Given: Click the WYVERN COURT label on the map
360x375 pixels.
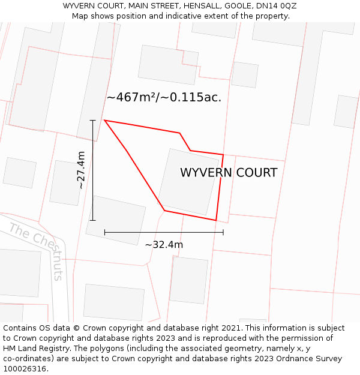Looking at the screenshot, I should pos(229,173).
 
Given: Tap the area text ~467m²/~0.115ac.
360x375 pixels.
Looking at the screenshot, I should pos(164,97).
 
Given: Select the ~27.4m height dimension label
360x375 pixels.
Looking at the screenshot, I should pos(81,170).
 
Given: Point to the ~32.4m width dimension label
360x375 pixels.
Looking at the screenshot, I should pos(164,244).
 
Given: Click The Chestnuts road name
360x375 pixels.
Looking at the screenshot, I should pos(37,251).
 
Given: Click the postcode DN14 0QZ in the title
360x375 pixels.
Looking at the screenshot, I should pos(275,6).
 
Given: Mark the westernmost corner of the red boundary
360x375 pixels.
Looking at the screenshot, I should pos(105,121).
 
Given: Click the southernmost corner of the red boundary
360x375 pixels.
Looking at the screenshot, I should pos(216,220).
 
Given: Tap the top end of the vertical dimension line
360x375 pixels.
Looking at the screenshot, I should pos(92,121).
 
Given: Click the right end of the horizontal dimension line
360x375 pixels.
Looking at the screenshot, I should pos(223,232).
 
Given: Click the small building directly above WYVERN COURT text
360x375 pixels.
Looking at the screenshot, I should pos(244,75).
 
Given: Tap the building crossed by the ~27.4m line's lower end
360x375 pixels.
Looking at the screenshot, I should pos(116,220).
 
